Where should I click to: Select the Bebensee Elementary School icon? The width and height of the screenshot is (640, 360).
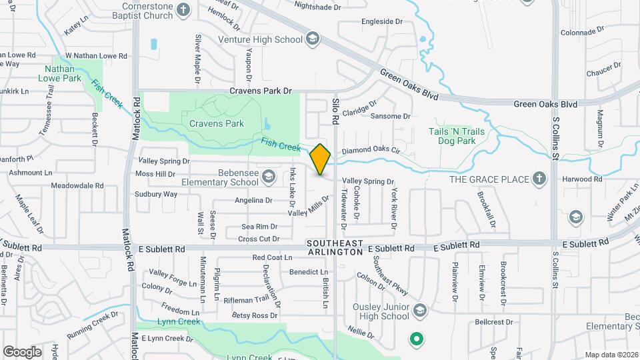click(x=268, y=177)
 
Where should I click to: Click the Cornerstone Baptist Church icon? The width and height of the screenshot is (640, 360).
click(x=185, y=10)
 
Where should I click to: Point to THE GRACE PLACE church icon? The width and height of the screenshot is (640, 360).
click(x=539, y=179)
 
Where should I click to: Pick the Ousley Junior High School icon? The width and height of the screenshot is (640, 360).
click(x=419, y=311)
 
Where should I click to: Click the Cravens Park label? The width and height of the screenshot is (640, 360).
click(x=217, y=123)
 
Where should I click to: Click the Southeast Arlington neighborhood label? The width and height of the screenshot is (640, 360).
click(x=335, y=248)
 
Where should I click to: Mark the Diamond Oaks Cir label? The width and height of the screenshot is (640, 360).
click(x=370, y=151)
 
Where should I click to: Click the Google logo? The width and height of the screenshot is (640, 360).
click(x=22, y=351)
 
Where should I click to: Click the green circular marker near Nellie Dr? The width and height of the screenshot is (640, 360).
click(x=417, y=339)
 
